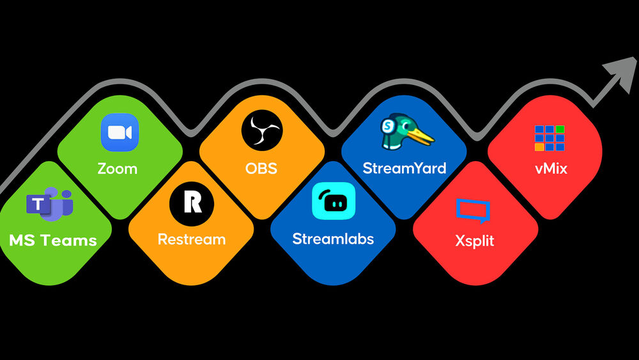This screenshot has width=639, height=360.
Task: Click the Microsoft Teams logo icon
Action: click(50, 204)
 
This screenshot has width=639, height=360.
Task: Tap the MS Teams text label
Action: click(53, 240)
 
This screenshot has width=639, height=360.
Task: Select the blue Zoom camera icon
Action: click(119, 132)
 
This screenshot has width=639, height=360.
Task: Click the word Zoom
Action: click(118, 169)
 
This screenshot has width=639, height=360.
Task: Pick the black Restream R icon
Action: click(192, 202)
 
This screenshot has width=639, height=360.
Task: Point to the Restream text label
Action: click(192, 239)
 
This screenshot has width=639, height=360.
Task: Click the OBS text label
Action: click(261, 169)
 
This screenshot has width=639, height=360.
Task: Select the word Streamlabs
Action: click(333, 239)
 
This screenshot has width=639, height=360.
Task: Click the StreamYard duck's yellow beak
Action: click(422, 137)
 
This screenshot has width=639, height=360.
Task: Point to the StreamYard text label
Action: click(404, 169)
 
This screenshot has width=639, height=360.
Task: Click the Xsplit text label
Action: click(475, 242)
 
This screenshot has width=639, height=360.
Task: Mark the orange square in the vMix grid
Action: click(539, 146)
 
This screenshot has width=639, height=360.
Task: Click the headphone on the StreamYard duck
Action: click(387, 127)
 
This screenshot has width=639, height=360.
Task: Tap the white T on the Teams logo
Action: click(39, 205)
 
